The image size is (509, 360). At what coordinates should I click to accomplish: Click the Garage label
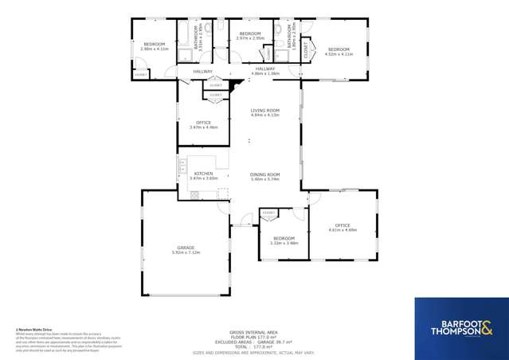(186, 248)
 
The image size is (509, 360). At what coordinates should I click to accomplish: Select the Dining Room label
(264, 174)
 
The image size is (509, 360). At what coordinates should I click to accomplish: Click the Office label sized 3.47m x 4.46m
(203, 123)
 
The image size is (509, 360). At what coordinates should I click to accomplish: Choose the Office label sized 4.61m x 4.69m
(343, 225)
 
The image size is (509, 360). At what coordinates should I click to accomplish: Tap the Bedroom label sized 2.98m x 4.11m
(154, 44)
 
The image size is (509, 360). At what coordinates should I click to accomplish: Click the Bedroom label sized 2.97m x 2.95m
(250, 33)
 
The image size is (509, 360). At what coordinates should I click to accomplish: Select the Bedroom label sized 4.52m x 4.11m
(339, 49)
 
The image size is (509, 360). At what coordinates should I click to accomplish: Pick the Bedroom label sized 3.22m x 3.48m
(284, 238)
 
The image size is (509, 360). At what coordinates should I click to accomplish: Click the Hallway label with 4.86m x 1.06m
(265, 69)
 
